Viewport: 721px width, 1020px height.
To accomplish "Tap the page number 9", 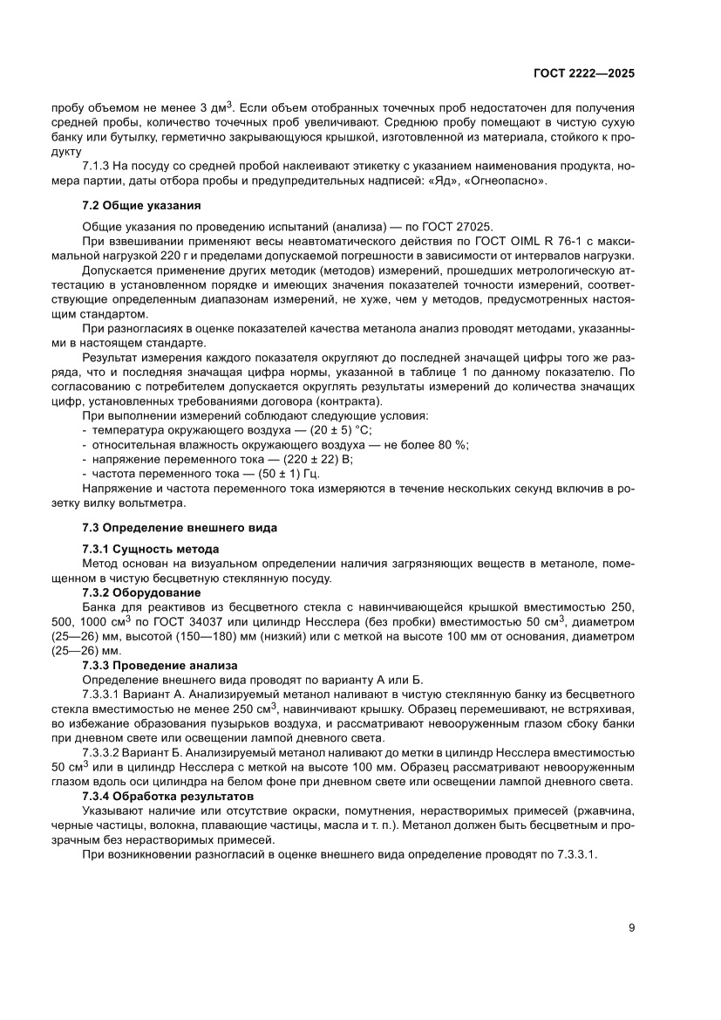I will click(630, 928).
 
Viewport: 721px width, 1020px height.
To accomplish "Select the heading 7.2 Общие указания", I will click(141, 206).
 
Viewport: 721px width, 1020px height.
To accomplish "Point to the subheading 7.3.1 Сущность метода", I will click(150, 549).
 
